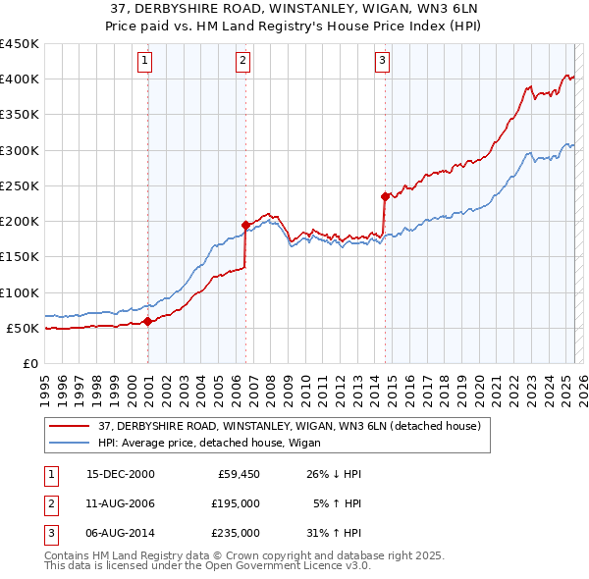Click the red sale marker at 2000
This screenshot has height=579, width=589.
tap(148, 321)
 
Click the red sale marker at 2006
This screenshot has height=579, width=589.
tap(245, 225)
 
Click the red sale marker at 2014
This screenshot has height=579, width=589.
tap(385, 196)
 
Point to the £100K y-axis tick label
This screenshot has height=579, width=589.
tap(20, 292)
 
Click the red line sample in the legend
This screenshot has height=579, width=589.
tap(71, 426)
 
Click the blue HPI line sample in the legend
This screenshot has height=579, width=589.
tap(71, 444)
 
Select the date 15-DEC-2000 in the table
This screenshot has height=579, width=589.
tap(121, 474)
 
